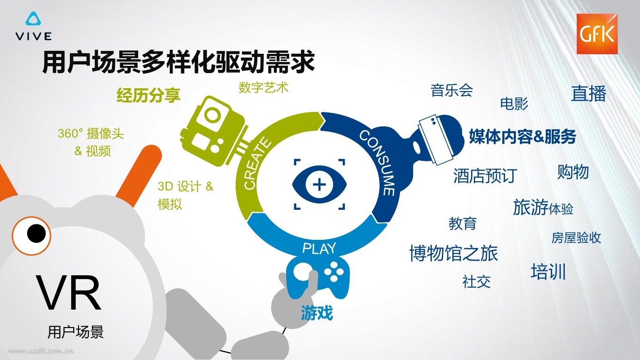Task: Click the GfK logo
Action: coord(597,34)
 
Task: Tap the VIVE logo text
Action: coord(34,36)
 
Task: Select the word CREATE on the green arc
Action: coord(256,164)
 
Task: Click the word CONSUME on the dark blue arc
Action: coord(378,163)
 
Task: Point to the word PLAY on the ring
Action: coord(319,249)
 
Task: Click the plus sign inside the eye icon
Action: coord(320,185)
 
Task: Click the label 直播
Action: coord(589,94)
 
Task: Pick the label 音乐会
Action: coord(452,91)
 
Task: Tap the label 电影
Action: coord(514,103)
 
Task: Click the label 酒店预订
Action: coord(485,175)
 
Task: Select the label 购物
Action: coord(573,172)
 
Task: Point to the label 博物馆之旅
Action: coord(454,253)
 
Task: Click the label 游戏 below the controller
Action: coord(317,313)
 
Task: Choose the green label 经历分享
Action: coord(148,95)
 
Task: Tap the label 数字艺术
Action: coord(263,87)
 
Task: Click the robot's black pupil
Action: coord(36,234)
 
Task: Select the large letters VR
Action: coord(68,293)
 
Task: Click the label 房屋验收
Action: coord(576,237)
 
